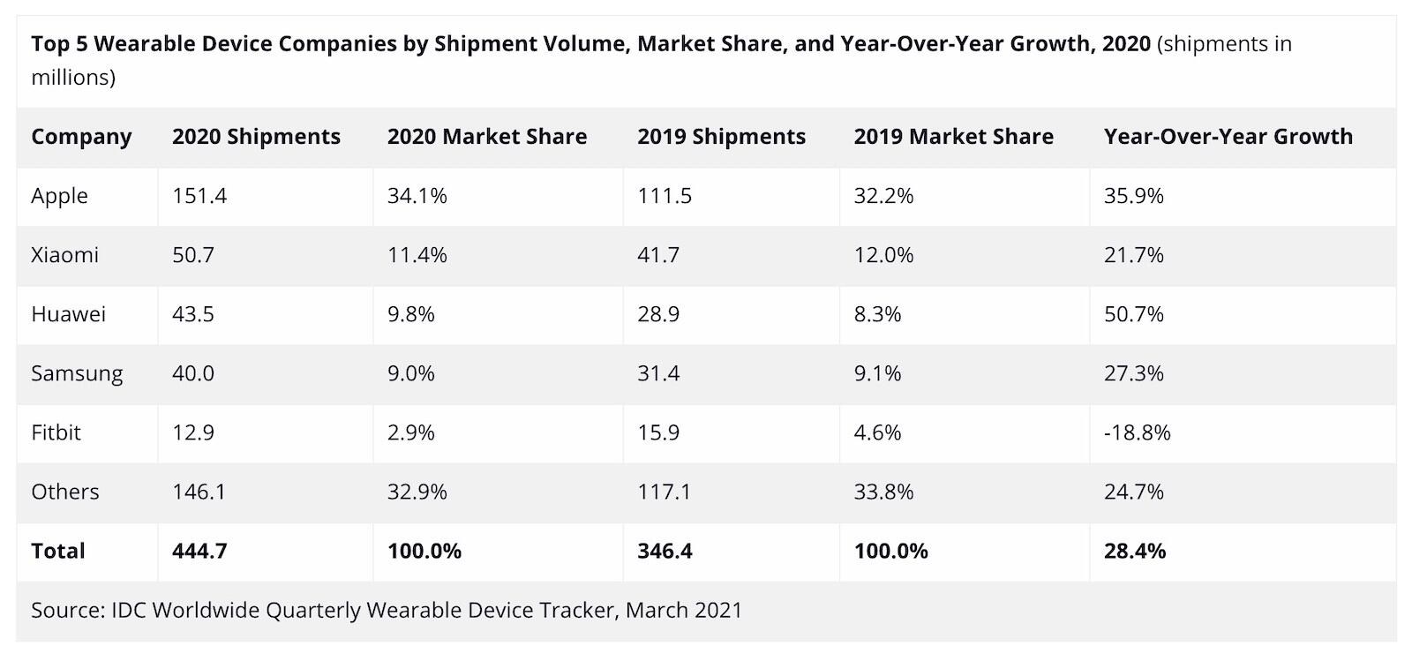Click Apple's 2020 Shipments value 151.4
(x=199, y=196)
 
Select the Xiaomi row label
(x=64, y=255)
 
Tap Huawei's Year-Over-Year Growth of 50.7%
(x=1133, y=314)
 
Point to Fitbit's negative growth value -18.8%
(x=1137, y=432)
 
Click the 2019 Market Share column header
(x=953, y=137)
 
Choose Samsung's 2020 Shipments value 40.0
(x=193, y=373)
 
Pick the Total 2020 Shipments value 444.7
(x=199, y=551)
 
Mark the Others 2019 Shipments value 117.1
(x=664, y=492)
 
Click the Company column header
(x=81, y=137)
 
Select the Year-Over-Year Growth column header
(x=1228, y=137)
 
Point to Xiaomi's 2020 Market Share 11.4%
(x=417, y=255)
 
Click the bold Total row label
(x=58, y=551)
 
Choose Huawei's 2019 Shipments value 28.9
(x=658, y=314)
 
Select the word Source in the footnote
(x=66, y=610)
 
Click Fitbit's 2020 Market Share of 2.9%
(x=410, y=432)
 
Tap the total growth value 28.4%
(x=1134, y=551)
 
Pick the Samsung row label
(x=77, y=373)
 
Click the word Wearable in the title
(x=140, y=44)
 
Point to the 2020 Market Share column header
(x=486, y=137)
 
